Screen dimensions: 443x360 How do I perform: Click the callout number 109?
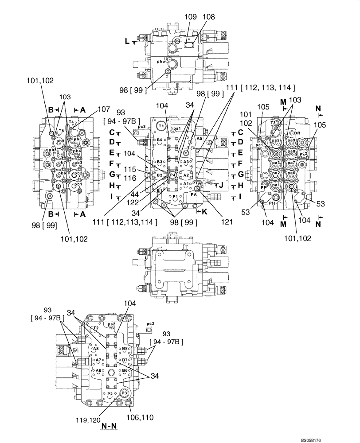(x=190, y=17)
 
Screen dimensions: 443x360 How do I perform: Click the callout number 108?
(x=209, y=17)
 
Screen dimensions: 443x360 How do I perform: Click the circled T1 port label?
(x=162, y=126)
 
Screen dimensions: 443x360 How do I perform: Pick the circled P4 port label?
(x=172, y=175)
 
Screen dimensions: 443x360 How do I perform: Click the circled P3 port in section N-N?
(x=125, y=392)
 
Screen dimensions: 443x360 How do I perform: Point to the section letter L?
(x=127, y=42)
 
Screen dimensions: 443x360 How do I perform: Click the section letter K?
(x=205, y=212)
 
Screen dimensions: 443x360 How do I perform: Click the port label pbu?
(x=161, y=62)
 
